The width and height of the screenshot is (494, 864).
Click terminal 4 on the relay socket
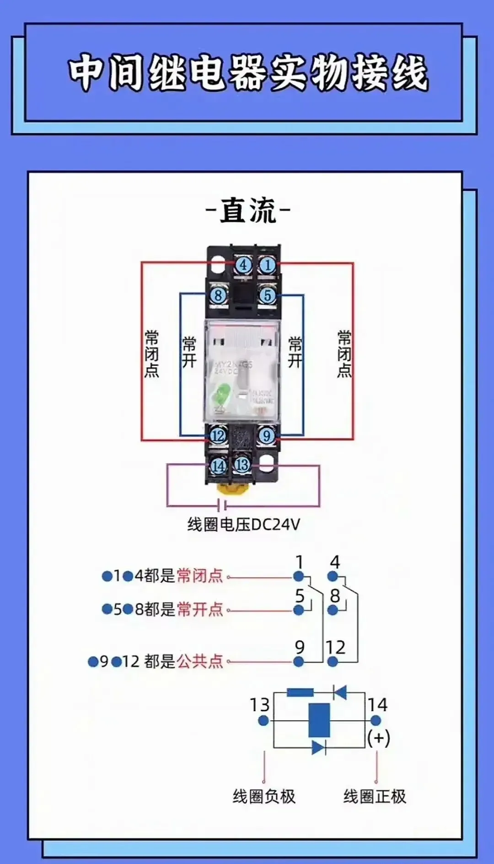[243, 265]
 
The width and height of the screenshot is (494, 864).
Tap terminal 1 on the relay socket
[268, 265]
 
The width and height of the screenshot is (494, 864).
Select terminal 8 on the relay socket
[218, 295]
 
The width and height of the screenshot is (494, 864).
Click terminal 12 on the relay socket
[218, 435]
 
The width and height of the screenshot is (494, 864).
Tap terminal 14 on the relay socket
[218, 466]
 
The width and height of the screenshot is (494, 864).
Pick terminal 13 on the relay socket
[242, 465]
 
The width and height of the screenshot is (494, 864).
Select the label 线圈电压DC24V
[243, 524]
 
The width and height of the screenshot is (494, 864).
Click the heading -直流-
[248, 211]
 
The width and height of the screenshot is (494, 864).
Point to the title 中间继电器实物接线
[248, 72]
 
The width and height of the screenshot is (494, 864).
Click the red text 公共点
[200, 661]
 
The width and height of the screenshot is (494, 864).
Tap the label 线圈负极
[264, 796]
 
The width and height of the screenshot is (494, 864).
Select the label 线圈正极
[375, 796]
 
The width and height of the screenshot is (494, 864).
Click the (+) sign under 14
[379, 738]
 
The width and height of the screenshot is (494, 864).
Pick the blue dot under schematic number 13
[263, 721]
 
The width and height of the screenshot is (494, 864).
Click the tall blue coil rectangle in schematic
[319, 720]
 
